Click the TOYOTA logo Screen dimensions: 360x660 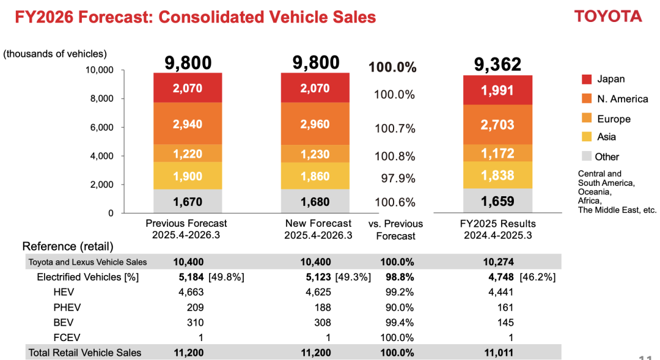click(x=608, y=17)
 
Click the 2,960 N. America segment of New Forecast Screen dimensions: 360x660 click(x=315, y=124)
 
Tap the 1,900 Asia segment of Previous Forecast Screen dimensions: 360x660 click(x=188, y=176)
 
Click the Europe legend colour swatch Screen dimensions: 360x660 click(x=587, y=119)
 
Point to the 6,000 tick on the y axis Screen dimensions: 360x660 click(x=103, y=127)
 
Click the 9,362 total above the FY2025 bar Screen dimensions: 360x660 click(x=497, y=64)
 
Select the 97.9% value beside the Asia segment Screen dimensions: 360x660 click(x=395, y=178)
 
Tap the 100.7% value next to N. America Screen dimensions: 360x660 click(x=395, y=128)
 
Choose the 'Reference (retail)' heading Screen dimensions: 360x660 click(x=68, y=247)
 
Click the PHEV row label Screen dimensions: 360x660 click(x=67, y=307)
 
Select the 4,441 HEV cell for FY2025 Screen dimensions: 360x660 click(x=501, y=292)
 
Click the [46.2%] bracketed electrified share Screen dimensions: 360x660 click(x=537, y=277)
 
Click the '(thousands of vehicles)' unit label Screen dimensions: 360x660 click(x=55, y=54)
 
